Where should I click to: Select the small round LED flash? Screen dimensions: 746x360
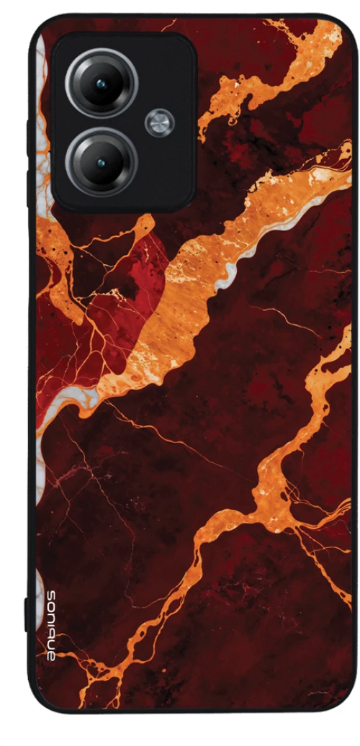tap(159, 122)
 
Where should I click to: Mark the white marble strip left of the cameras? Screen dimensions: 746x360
tap(42, 108)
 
